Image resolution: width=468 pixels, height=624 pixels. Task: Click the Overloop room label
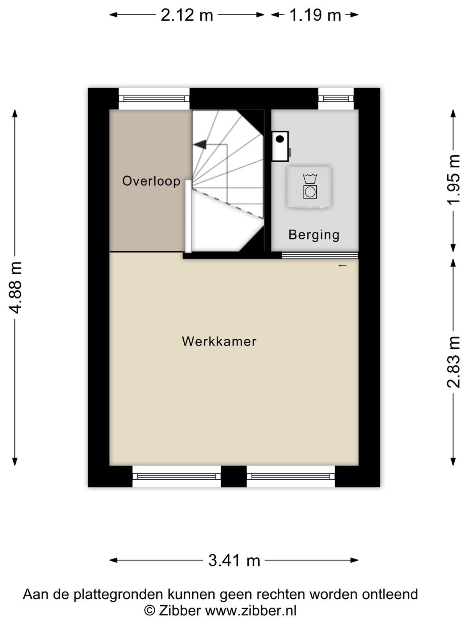[x=151, y=181]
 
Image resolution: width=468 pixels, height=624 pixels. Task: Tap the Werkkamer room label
[x=219, y=341]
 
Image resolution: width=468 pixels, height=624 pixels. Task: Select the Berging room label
[x=314, y=235]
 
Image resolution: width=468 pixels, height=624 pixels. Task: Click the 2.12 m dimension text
[x=187, y=15]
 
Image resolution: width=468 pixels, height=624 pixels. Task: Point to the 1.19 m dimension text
[x=315, y=15]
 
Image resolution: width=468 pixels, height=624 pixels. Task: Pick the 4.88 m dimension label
[x=15, y=287]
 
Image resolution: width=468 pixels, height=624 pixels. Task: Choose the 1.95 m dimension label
[x=453, y=179]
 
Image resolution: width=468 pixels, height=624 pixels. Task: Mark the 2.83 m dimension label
[x=453, y=362]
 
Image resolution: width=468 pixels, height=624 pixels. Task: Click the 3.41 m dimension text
[x=234, y=560]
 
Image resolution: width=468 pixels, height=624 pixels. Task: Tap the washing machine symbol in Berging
[x=309, y=186]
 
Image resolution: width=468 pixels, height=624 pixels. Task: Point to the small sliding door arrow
[x=343, y=266]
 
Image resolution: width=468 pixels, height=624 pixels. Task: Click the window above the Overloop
[x=154, y=99]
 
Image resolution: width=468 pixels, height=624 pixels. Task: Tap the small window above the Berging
[x=336, y=99]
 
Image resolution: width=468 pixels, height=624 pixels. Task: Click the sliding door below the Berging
[x=320, y=255]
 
